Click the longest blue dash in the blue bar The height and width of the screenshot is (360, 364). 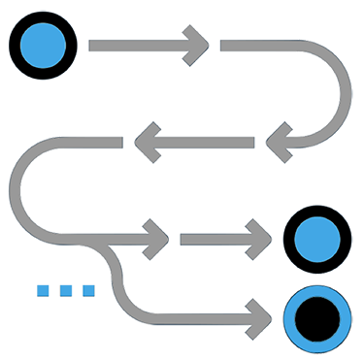pyautogui.click(x=34, y=282)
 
